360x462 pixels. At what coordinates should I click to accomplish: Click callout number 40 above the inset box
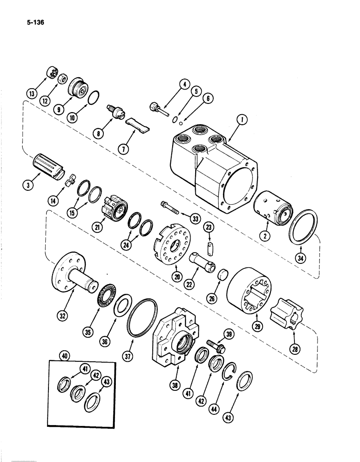click(65, 356)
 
